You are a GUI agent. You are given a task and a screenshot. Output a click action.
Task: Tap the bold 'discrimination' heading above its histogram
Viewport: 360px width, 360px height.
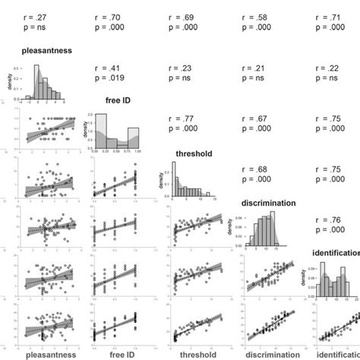pos(272,203)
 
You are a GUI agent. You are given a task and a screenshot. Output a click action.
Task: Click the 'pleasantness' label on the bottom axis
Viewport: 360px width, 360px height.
pos(51,353)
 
